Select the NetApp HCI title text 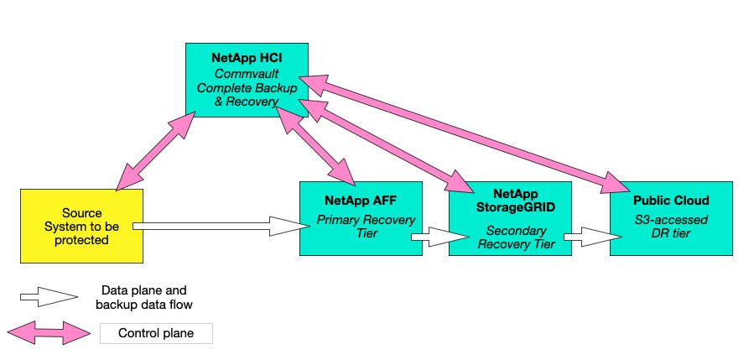click(x=247, y=58)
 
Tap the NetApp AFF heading click(x=361, y=201)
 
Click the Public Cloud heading click(x=671, y=201)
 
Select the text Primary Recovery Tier click(x=361, y=227)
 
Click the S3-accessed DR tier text click(x=671, y=227)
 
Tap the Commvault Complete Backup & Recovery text click(x=247, y=87)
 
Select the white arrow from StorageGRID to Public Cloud click(x=585, y=237)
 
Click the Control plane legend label click(x=156, y=333)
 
